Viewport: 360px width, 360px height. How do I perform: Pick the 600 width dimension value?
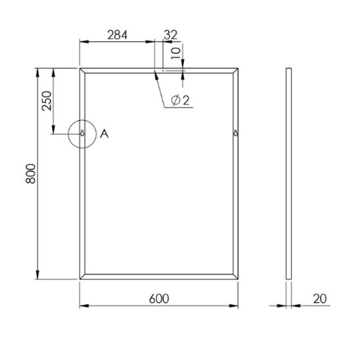(x=159, y=298)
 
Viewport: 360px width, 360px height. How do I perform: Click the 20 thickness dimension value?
(x=321, y=298)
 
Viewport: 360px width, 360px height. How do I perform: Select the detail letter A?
(x=104, y=133)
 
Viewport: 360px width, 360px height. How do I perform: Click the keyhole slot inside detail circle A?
(x=82, y=133)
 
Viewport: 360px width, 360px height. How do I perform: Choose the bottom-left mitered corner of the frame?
(x=82, y=278)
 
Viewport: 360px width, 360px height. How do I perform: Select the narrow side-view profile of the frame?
(x=289, y=173)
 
